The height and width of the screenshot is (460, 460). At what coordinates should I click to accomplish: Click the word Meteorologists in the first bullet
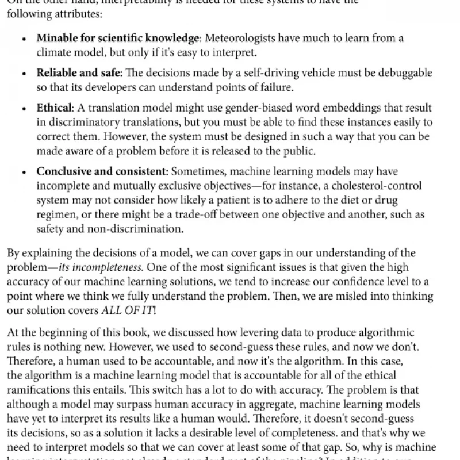(236, 39)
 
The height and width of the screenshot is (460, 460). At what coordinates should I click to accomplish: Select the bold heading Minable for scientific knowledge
(117, 39)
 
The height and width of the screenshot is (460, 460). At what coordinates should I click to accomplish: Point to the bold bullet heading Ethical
(53, 108)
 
